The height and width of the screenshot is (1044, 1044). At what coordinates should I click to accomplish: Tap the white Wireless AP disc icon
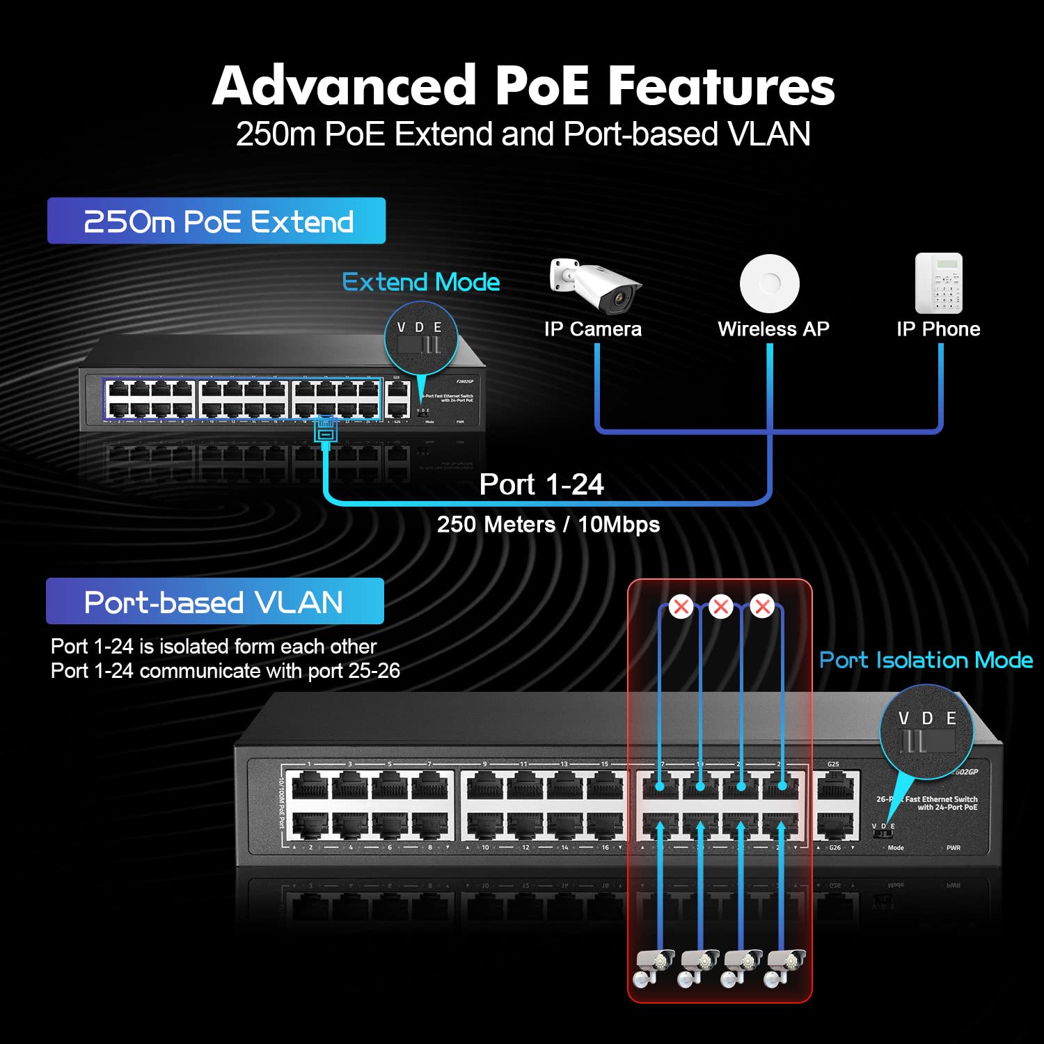(x=769, y=283)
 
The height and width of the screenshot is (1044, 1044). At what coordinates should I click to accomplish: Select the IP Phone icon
(x=938, y=283)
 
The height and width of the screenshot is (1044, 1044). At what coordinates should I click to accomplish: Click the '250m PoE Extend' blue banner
(x=216, y=221)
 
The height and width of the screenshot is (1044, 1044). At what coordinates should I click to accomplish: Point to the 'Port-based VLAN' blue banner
(x=214, y=601)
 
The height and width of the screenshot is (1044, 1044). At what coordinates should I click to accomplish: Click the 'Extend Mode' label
(x=421, y=282)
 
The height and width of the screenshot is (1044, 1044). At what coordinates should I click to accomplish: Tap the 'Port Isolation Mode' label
(x=926, y=660)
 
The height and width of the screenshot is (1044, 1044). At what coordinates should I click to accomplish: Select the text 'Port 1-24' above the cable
(x=541, y=484)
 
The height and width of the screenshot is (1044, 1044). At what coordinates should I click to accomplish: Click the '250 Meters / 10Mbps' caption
(x=548, y=524)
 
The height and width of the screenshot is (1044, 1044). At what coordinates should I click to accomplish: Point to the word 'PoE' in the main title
(x=541, y=86)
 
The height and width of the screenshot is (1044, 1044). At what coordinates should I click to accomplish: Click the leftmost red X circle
(x=681, y=607)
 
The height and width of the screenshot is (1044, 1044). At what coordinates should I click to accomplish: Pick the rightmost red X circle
(x=763, y=607)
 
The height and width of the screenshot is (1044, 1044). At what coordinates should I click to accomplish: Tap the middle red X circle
(x=721, y=607)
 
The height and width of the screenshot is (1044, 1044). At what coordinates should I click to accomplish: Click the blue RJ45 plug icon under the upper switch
(x=326, y=429)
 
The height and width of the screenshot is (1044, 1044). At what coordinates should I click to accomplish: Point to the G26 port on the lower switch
(x=837, y=826)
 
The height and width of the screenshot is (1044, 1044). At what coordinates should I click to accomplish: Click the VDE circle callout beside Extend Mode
(x=420, y=338)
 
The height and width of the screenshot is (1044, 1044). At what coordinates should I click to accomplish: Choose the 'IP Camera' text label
(x=593, y=329)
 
